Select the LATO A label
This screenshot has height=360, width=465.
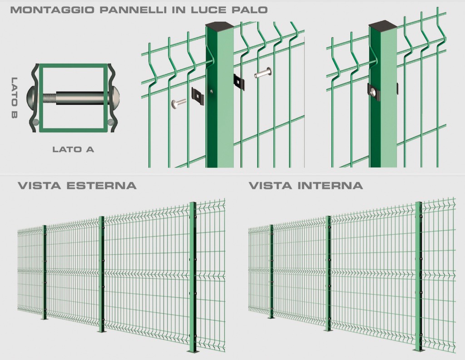tap(73, 149)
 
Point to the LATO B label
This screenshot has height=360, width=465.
tap(14, 98)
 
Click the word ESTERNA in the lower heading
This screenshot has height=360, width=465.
tap(101, 186)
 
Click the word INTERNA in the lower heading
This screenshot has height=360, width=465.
tap(330, 186)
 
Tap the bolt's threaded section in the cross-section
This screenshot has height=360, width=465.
tap(49, 98)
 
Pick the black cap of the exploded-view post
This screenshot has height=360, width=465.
tap(219, 25)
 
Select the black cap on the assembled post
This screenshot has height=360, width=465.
tap(383, 25)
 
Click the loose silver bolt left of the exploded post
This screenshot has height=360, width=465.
tap(178, 103)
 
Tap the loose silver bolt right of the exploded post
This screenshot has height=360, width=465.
tap(263, 73)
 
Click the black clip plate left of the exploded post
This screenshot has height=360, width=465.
tap(198, 94)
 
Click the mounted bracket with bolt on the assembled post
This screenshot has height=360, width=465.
tap(374, 92)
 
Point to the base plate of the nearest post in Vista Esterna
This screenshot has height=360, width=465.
tap(193, 352)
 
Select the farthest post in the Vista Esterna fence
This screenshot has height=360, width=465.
tap(45, 272)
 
